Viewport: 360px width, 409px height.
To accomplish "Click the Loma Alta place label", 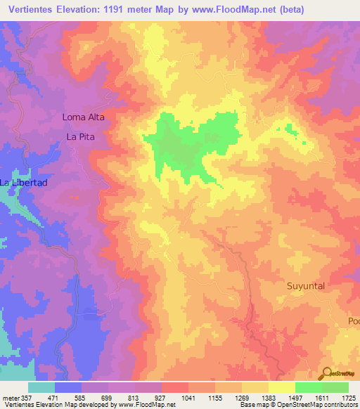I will tap(83, 117).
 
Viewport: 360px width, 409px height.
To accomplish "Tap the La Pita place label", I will tap(80, 137).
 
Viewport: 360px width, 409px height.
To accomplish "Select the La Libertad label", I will tap(23, 183).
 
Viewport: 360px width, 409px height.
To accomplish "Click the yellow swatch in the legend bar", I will tap(281, 387).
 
